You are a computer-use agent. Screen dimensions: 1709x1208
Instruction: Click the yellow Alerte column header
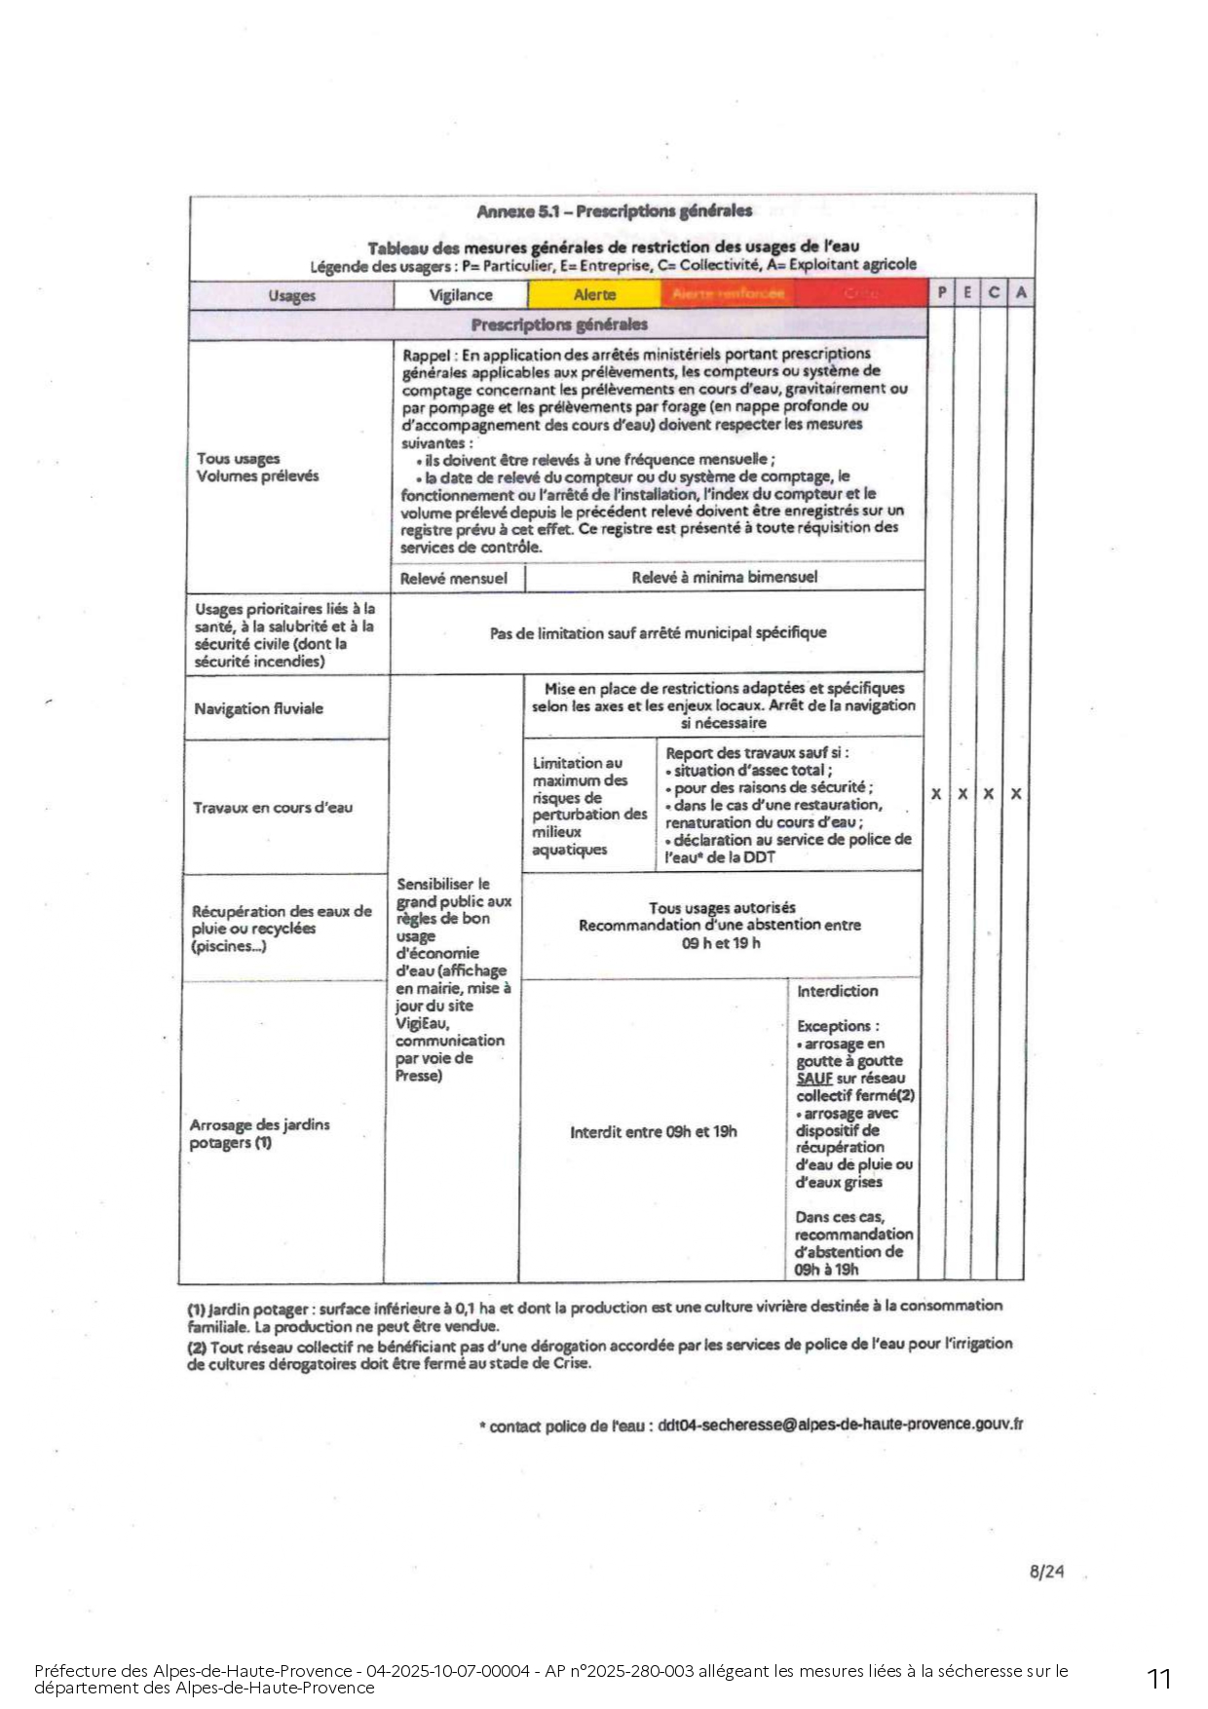(x=594, y=295)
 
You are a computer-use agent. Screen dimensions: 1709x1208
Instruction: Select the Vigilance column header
(x=461, y=295)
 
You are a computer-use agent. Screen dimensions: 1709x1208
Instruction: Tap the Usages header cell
(x=291, y=295)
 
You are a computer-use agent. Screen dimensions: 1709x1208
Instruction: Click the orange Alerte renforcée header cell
(x=728, y=294)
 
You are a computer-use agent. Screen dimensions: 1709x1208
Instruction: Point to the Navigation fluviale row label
(x=258, y=708)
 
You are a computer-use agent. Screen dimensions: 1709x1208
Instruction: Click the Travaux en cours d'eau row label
(x=273, y=808)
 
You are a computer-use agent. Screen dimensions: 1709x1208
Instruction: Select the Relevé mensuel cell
(x=454, y=579)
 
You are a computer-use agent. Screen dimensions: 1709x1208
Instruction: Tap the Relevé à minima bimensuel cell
(x=724, y=578)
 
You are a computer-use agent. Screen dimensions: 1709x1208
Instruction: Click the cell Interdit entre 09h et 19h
(x=653, y=1132)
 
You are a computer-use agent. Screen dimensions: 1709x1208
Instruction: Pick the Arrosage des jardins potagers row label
(x=259, y=1133)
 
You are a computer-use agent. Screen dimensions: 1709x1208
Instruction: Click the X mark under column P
(x=936, y=794)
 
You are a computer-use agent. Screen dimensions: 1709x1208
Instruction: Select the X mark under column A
(x=1016, y=794)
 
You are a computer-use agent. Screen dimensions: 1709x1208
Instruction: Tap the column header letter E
(x=967, y=292)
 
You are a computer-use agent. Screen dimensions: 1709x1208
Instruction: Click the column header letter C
(x=994, y=292)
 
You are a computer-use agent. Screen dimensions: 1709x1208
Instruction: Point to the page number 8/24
(x=1046, y=1572)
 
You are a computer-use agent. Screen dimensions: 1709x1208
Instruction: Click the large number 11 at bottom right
(x=1158, y=1679)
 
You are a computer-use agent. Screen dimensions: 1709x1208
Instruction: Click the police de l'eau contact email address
(x=840, y=1424)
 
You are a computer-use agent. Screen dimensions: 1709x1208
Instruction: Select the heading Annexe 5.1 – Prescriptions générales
(x=614, y=211)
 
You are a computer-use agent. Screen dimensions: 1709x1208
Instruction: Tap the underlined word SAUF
(x=814, y=1079)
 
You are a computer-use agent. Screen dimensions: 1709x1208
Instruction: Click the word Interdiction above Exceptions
(x=837, y=991)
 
